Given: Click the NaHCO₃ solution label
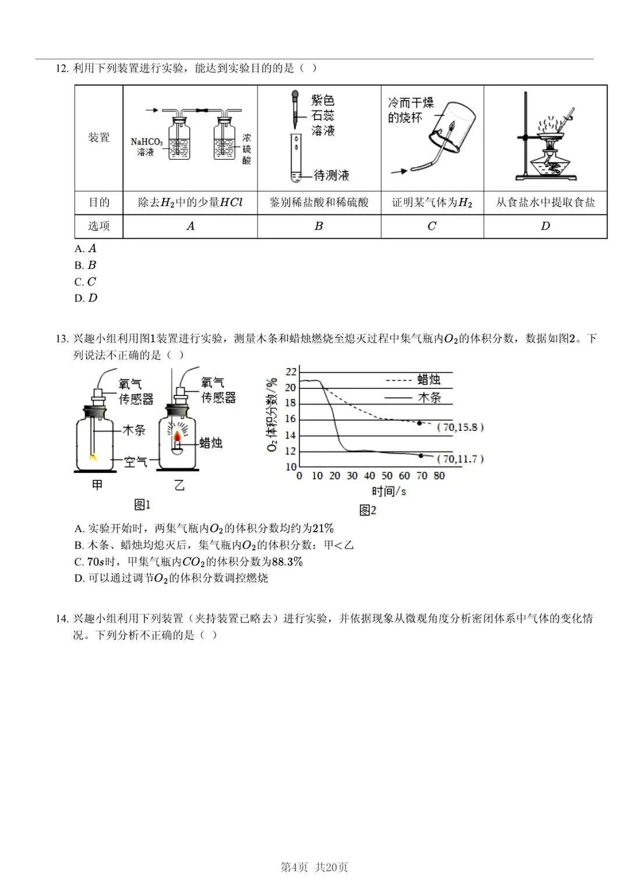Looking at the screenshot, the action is click(x=146, y=147).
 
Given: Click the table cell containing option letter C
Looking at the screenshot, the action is click(x=432, y=227).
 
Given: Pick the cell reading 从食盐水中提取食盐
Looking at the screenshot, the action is click(x=545, y=203).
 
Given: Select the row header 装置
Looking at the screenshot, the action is click(x=99, y=138).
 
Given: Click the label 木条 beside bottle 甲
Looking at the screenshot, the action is click(x=134, y=430).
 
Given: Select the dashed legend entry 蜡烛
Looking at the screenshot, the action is click(x=429, y=380).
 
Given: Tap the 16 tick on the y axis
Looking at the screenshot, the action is click(x=290, y=419).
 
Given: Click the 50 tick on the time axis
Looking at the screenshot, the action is click(x=387, y=476).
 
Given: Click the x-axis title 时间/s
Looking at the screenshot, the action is click(x=388, y=491).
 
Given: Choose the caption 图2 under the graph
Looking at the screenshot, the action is click(x=367, y=511).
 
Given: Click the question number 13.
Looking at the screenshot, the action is click(x=62, y=339).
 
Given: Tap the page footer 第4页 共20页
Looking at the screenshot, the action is click(x=314, y=867).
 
